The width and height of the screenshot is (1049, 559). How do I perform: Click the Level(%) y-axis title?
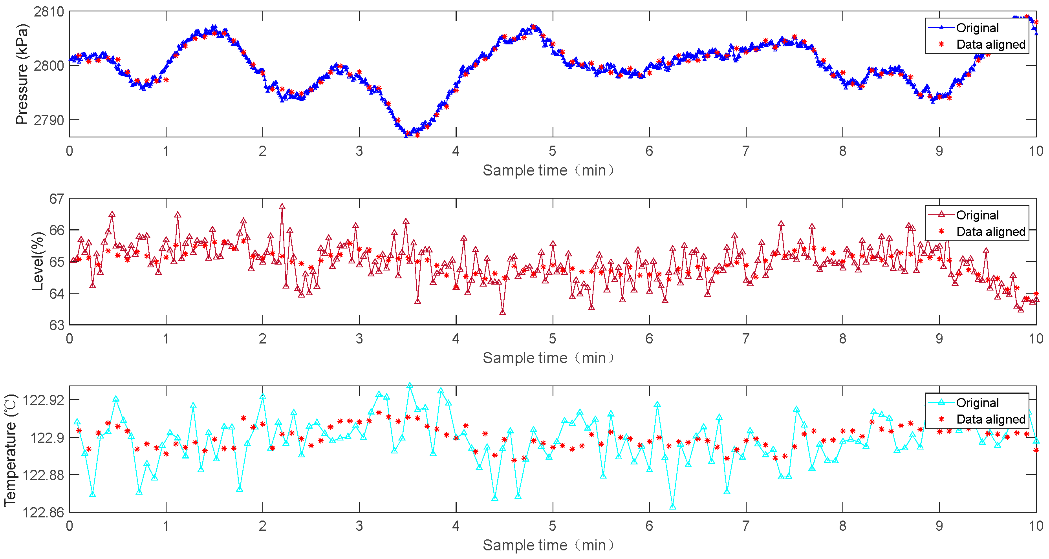37,261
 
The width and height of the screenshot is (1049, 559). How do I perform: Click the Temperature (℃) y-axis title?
11,449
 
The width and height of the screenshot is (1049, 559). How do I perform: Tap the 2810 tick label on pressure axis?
49,12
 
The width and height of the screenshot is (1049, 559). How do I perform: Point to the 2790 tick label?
49,120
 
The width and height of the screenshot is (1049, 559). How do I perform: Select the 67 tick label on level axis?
57,199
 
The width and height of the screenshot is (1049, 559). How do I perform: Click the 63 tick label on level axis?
57,325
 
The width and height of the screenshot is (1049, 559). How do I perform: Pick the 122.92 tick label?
43,400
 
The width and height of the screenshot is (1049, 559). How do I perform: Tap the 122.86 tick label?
43,512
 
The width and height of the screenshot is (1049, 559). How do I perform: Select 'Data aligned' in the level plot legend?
990,232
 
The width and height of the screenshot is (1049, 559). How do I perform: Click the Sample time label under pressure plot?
548,170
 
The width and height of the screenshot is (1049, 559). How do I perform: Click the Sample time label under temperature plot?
548,545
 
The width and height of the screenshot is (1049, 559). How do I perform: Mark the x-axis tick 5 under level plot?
553,338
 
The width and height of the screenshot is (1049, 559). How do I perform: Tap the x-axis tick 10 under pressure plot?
1036,151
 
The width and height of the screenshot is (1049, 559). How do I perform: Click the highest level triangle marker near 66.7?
282,207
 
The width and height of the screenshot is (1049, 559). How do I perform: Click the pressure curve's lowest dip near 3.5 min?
406,135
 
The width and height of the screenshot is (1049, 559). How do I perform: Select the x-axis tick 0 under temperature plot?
70,526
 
